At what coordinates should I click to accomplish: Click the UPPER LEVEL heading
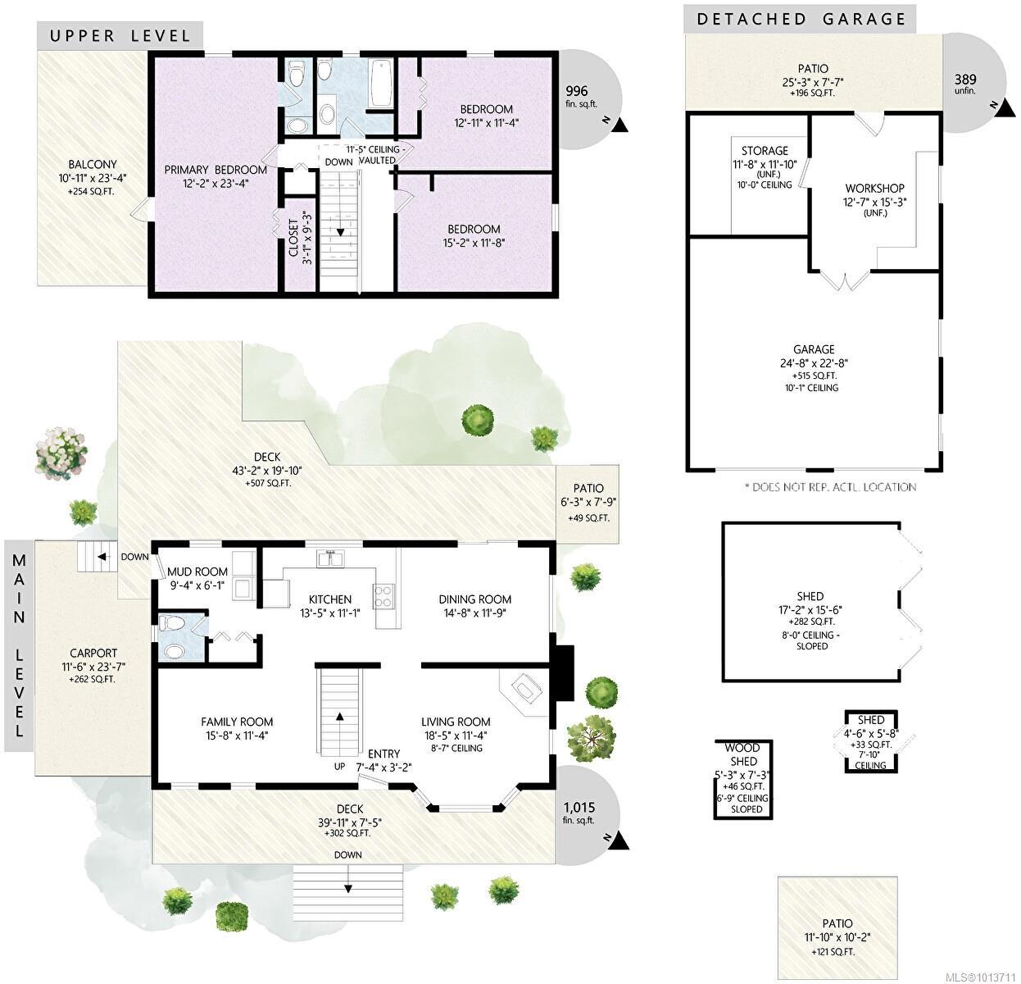pos(120,35)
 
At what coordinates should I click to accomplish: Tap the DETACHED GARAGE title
pos(801,19)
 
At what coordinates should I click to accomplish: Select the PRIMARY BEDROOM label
pos(216,170)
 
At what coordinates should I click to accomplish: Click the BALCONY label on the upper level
pos(93,164)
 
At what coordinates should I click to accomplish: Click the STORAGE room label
pos(765,151)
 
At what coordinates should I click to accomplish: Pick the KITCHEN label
pos(330,599)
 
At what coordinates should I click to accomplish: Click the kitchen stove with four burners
pos(383,595)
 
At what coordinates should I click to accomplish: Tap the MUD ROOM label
pos(197,572)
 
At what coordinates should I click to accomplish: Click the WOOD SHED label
pos(742,754)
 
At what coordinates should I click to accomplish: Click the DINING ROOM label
pos(474,599)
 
